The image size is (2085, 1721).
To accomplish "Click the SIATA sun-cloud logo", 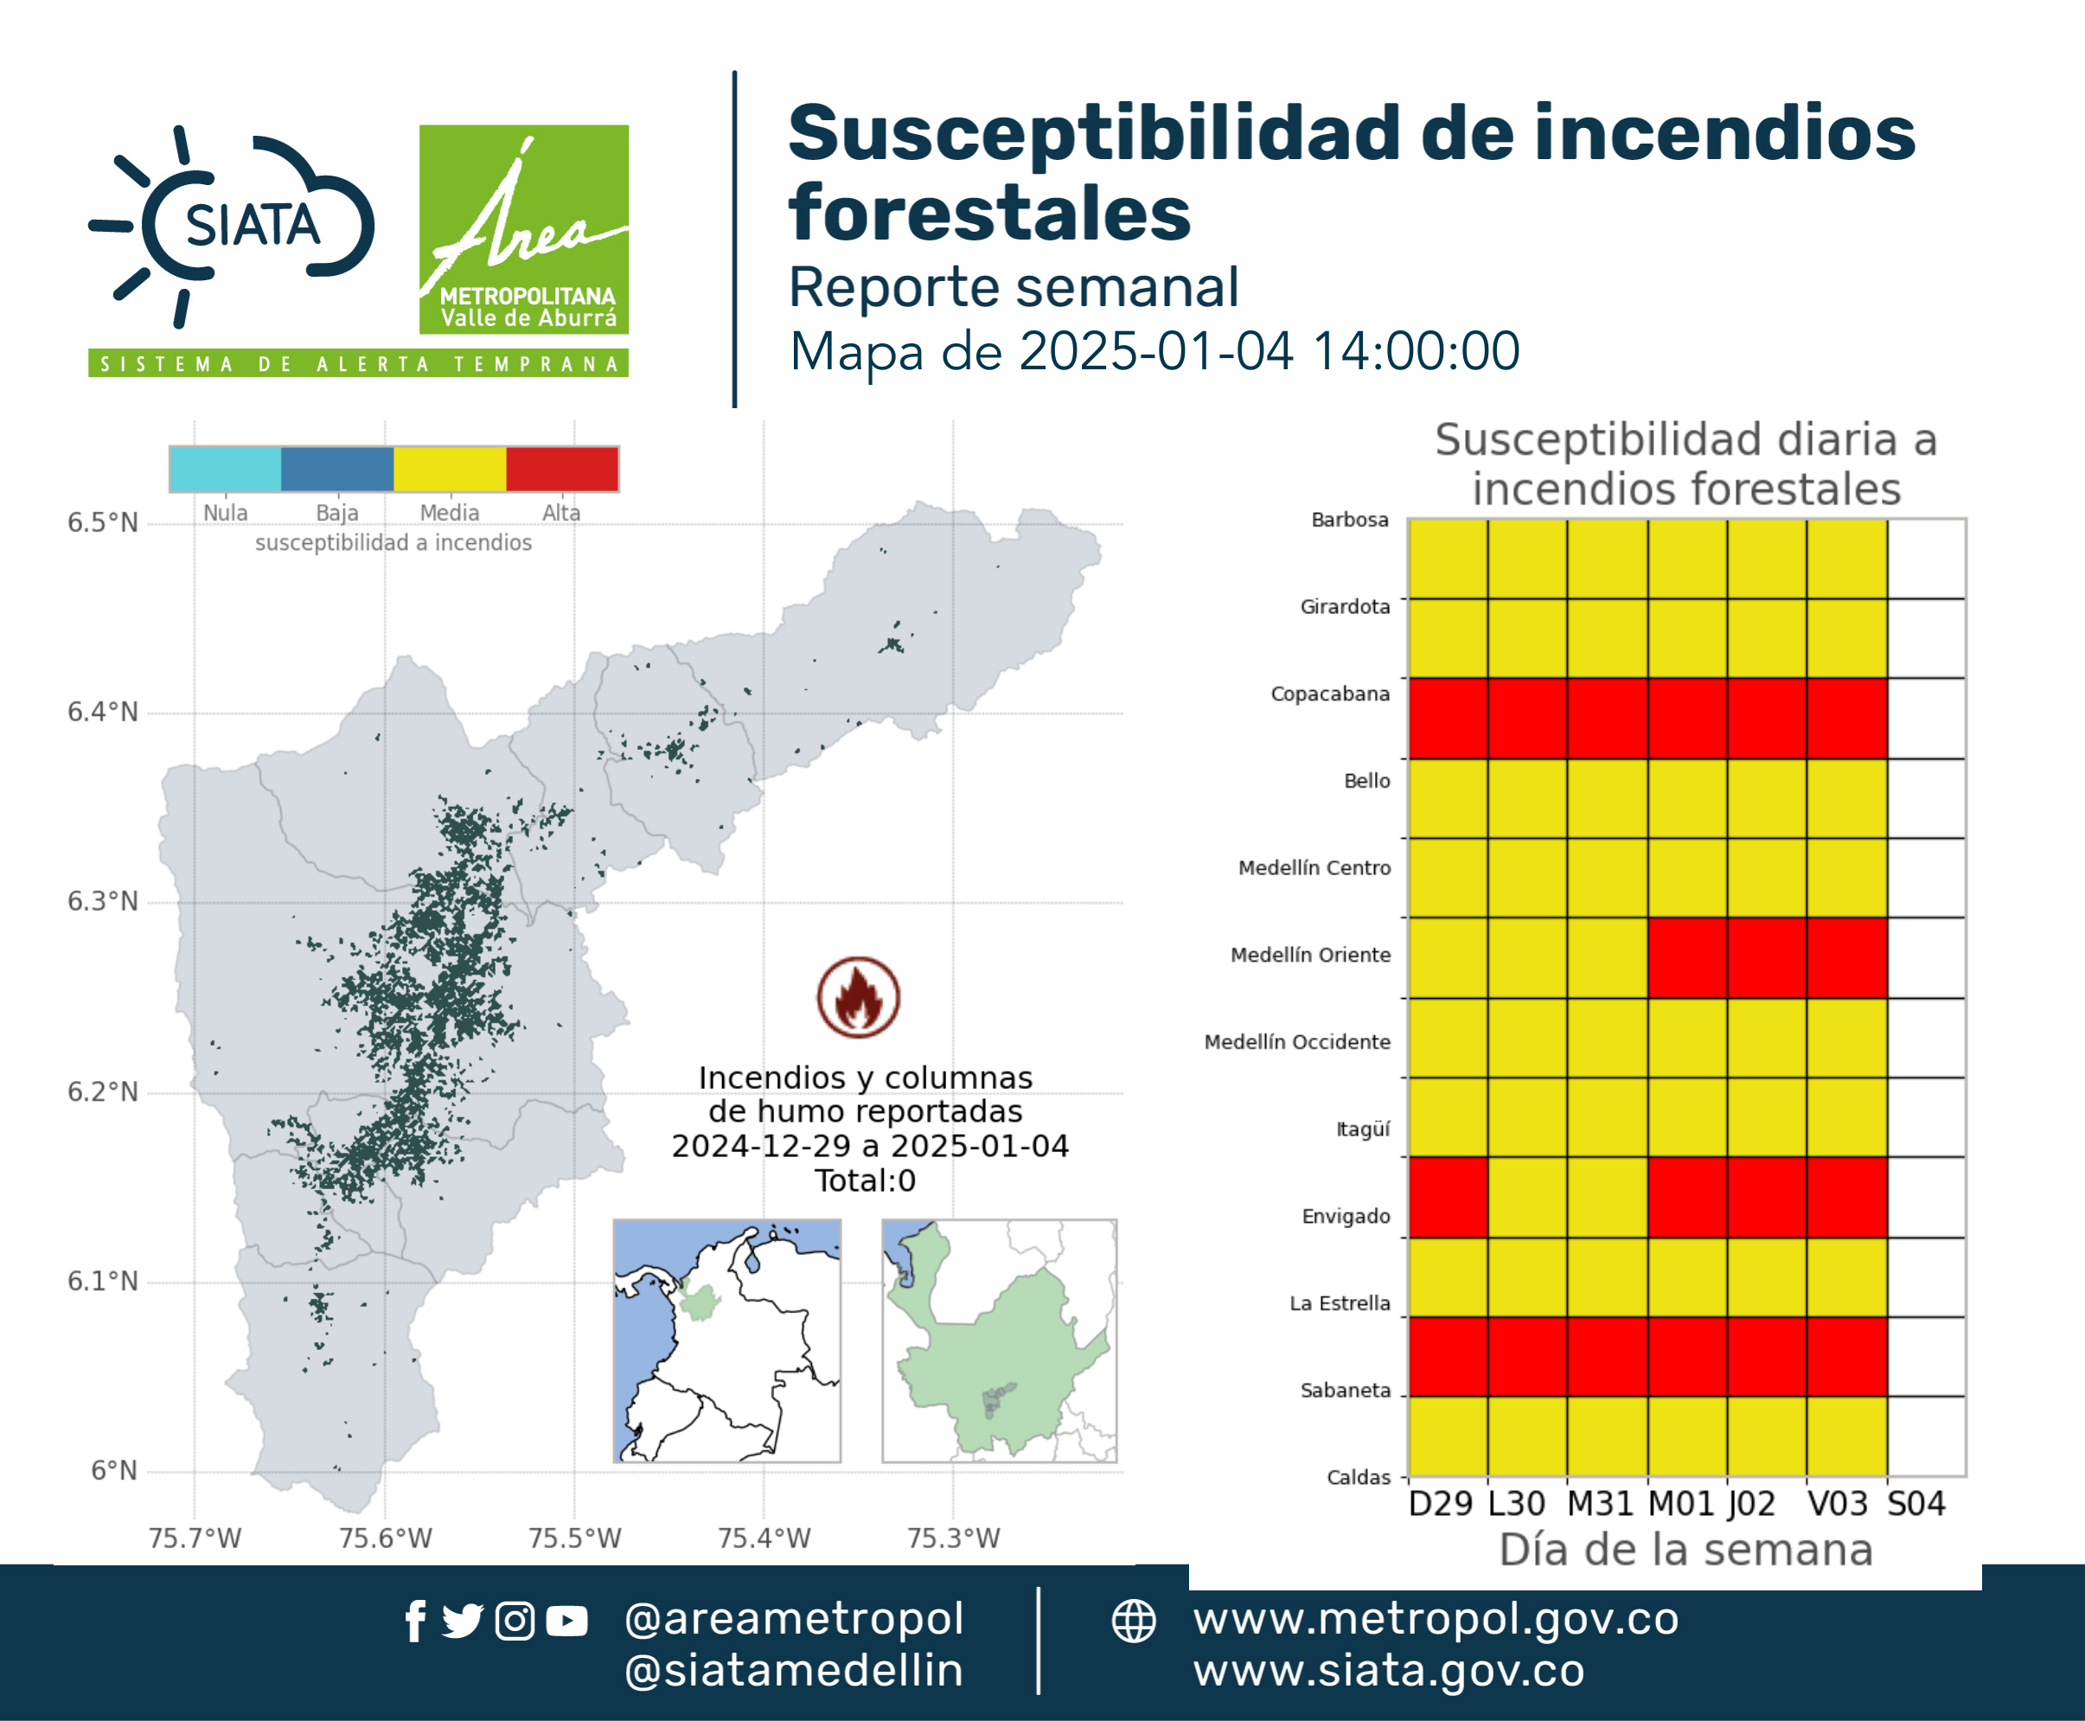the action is pyautogui.click(x=232, y=226).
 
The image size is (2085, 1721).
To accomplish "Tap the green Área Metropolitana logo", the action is pyautogui.click(x=523, y=229).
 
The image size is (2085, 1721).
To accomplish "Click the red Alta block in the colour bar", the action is pyautogui.click(x=562, y=469).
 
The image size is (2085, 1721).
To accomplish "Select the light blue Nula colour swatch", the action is pyautogui.click(x=225, y=469).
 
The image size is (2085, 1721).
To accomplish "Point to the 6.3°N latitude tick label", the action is pyautogui.click(x=102, y=901).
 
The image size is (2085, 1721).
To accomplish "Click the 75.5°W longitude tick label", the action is pyautogui.click(x=575, y=1538).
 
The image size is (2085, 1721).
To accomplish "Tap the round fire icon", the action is pyautogui.click(x=859, y=997).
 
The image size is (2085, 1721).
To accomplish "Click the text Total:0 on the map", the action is pyautogui.click(x=866, y=1180).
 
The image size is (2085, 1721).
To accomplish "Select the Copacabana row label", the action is pyautogui.click(x=1331, y=694).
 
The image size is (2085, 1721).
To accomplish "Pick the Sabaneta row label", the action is pyautogui.click(x=1346, y=1390).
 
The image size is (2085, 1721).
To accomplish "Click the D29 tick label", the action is pyautogui.click(x=1441, y=1504).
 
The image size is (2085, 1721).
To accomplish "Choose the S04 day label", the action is pyautogui.click(x=1916, y=1504).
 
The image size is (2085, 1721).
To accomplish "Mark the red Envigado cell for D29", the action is pyautogui.click(x=1449, y=1197).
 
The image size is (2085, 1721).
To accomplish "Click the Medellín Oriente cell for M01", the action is pyautogui.click(x=1687, y=957).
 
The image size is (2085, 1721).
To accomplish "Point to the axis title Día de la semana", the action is pyautogui.click(x=1686, y=1550).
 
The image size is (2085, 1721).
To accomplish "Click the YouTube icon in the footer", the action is pyautogui.click(x=566, y=1621).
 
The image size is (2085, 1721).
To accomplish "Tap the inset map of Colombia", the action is pyautogui.click(x=726, y=1340).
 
